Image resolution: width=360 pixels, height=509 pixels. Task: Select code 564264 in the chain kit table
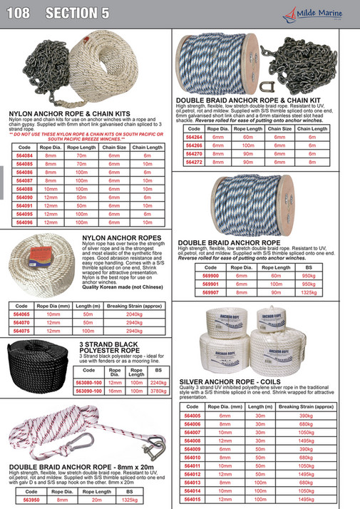(x=195, y=137)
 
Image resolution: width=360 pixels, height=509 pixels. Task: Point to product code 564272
(x=195, y=162)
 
